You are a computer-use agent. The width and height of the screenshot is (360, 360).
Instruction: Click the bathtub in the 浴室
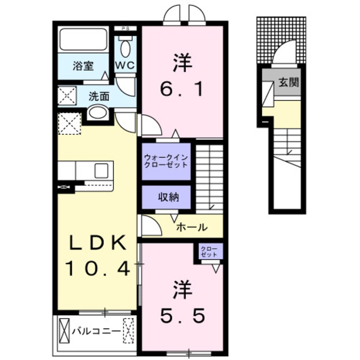[x=83, y=40]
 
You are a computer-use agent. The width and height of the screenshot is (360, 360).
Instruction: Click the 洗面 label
[x=99, y=97]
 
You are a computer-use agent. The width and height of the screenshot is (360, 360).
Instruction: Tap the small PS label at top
[x=126, y=29]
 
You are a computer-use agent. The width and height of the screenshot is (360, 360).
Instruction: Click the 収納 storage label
[x=169, y=197]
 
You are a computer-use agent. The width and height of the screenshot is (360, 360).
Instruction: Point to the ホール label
[x=191, y=227]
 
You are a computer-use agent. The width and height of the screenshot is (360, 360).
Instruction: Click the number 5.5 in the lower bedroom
[x=183, y=315]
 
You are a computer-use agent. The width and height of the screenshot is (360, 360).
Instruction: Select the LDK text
[x=97, y=243]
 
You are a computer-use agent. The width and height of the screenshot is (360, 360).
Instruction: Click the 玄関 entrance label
[x=289, y=82]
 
